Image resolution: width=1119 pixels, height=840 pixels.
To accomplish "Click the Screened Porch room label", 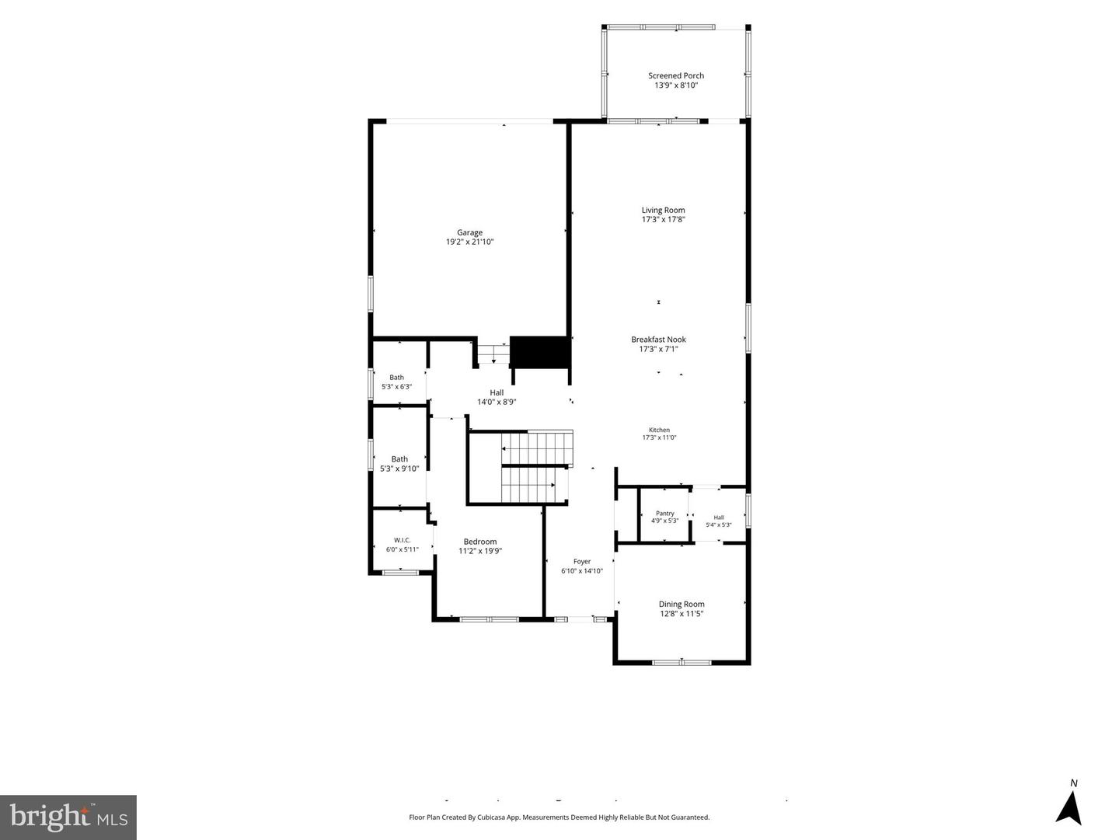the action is [x=675, y=75].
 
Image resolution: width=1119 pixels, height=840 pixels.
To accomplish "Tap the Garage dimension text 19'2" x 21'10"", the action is [x=469, y=242].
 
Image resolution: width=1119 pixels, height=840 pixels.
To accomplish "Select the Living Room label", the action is [x=663, y=210].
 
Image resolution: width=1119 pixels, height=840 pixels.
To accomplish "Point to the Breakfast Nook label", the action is [x=658, y=340].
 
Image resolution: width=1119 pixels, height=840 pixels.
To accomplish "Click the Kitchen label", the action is [x=659, y=430].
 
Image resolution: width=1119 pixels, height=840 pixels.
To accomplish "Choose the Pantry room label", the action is [x=664, y=514].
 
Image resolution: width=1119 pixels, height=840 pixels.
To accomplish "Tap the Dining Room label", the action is [x=681, y=604].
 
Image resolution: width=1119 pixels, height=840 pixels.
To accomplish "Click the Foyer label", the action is [x=582, y=561].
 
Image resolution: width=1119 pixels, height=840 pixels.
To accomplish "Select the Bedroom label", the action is [x=479, y=542].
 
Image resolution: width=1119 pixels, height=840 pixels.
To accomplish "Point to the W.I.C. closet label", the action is [x=402, y=540].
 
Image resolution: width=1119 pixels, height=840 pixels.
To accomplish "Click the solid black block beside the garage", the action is [x=539, y=352].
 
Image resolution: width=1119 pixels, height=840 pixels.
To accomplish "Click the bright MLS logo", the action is [x=68, y=817].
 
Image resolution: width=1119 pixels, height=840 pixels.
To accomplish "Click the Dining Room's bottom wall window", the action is [x=682, y=663].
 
